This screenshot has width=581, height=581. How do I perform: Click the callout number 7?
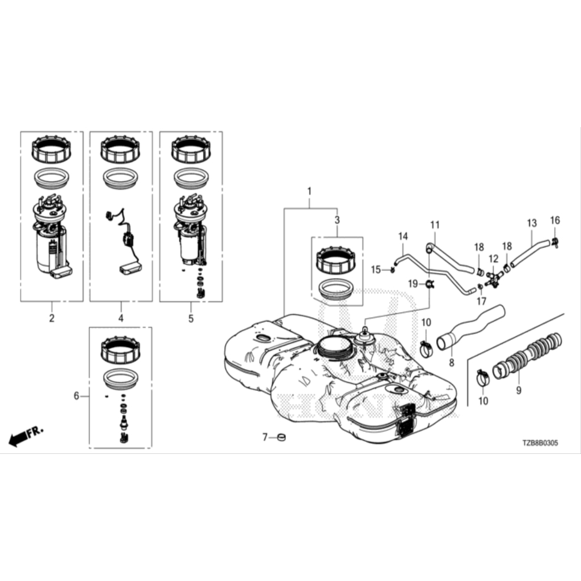pyautogui.click(x=264, y=437)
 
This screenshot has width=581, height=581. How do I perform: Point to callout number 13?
pyautogui.click(x=531, y=223)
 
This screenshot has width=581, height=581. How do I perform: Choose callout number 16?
pyautogui.click(x=555, y=221)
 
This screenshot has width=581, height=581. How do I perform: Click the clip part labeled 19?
pyautogui.click(x=430, y=283)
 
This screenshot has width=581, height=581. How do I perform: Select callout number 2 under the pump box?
pyautogui.click(x=52, y=318)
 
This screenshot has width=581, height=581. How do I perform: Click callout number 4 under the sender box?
pyautogui.click(x=121, y=318)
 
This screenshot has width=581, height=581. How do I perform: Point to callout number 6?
pyautogui.click(x=77, y=396)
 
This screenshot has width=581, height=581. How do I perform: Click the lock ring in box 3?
pyautogui.click(x=336, y=260)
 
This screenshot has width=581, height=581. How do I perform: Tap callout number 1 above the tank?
pyautogui.click(x=309, y=191)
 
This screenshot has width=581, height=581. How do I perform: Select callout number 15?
pyautogui.click(x=376, y=269)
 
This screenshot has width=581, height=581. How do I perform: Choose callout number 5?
pyautogui.click(x=191, y=318)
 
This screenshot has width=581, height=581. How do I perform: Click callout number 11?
pyautogui.click(x=435, y=225)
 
